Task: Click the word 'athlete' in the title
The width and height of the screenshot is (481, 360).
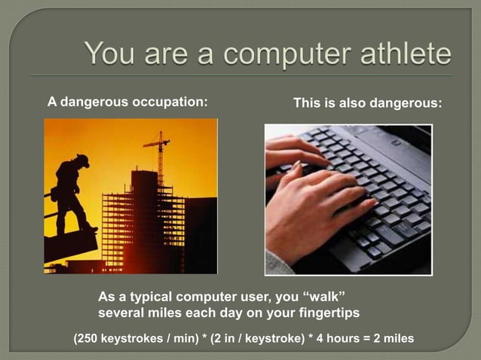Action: (x=398, y=53)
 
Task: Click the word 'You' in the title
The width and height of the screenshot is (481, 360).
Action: (x=112, y=53)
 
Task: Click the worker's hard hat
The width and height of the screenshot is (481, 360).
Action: (x=81, y=160)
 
